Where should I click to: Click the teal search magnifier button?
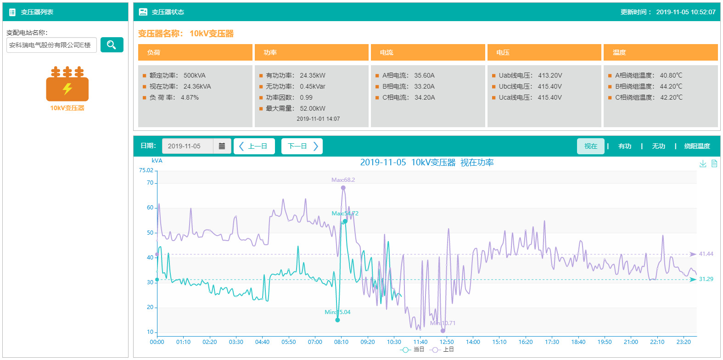112,45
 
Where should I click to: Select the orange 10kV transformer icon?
67,84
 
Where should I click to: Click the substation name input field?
51,45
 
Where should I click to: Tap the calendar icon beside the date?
222,146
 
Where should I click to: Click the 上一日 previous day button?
254,146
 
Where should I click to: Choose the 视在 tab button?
590,146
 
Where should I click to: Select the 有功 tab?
624,146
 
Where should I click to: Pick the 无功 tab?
658,146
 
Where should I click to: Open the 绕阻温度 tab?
697,146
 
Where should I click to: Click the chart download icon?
703,163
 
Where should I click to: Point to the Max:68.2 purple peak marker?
343,188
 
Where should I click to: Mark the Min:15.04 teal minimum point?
337,320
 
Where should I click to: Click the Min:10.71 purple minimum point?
443,331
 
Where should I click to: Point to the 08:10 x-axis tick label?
341,342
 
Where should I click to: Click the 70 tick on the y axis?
150,183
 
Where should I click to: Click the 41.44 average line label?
706,254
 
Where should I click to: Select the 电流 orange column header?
427,52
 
